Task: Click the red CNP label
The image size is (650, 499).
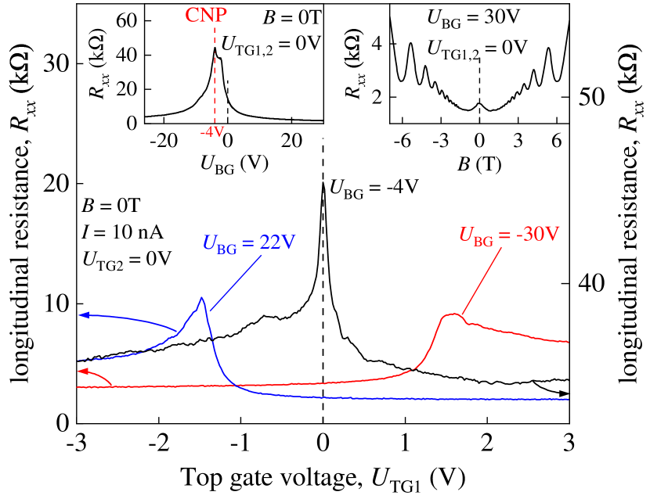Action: (x=206, y=16)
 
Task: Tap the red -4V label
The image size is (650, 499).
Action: (x=212, y=132)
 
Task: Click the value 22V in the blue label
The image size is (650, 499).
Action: (x=277, y=243)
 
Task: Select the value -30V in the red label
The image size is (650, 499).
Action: (x=540, y=235)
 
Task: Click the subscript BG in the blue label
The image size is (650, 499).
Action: (x=227, y=249)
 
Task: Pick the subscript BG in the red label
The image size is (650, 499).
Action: (x=483, y=241)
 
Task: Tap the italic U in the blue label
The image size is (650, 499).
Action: (x=209, y=243)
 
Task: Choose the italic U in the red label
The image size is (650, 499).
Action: (x=465, y=235)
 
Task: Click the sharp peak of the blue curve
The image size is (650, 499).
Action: (x=203, y=298)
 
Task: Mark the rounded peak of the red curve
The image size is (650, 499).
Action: (x=453, y=314)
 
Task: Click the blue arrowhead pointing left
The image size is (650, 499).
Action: (x=83, y=315)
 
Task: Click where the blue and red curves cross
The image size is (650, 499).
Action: (x=235, y=386)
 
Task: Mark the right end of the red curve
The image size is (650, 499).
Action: (x=568, y=342)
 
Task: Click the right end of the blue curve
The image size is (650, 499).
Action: (x=568, y=400)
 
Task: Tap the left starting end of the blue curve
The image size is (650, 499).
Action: (x=78, y=361)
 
